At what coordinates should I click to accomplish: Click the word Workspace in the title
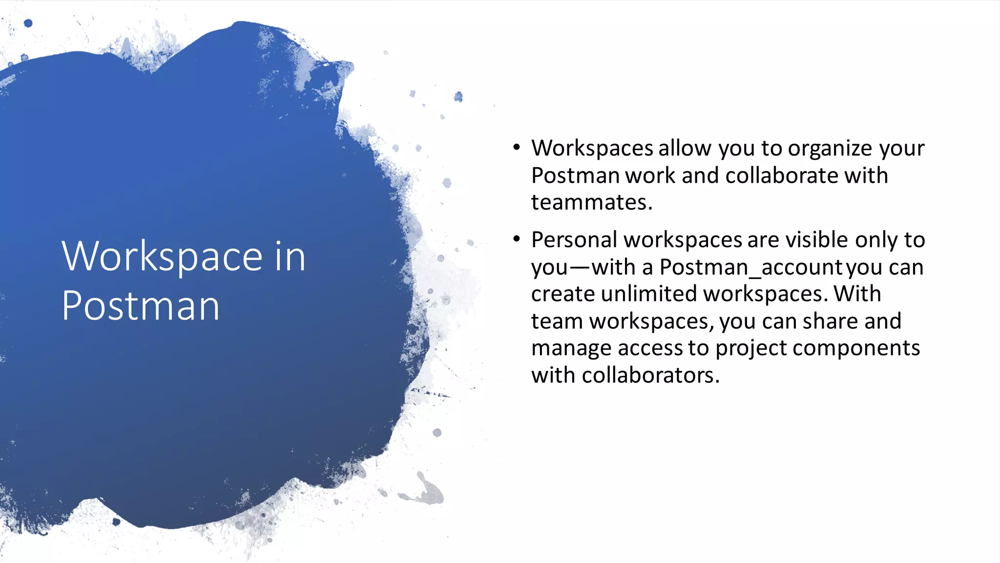tap(162, 257)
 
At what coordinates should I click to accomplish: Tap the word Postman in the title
tap(141, 306)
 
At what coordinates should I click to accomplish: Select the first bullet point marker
tap(517, 147)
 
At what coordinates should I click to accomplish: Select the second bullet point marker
tap(517, 239)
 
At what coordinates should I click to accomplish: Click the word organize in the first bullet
tap(830, 149)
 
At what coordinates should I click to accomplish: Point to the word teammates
tap(591, 202)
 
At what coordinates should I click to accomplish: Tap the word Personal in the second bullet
tap(574, 240)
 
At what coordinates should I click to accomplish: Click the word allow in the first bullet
tap(685, 148)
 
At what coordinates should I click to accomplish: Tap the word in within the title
tap(290, 257)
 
